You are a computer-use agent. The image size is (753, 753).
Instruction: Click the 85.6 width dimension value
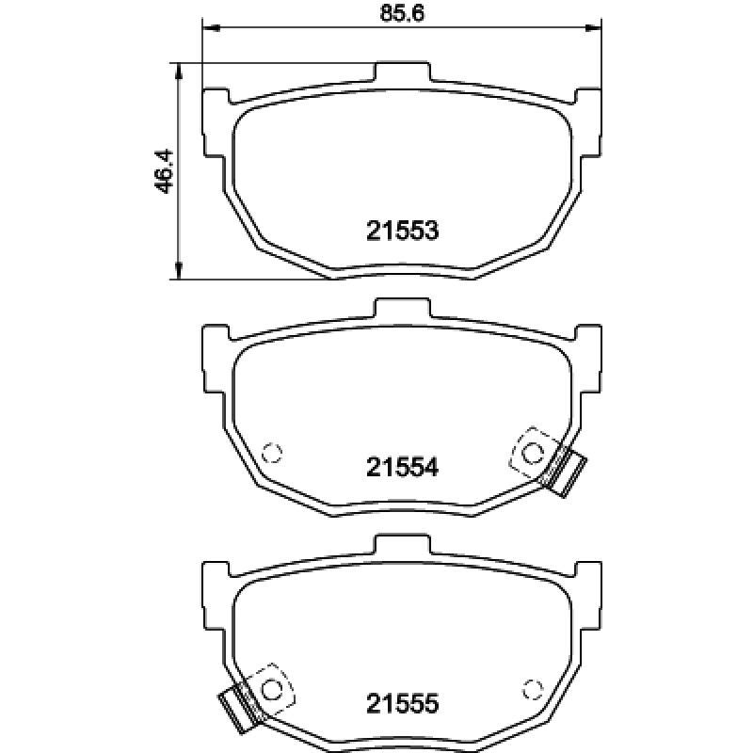point(402,13)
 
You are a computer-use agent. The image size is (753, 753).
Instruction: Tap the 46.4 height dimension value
point(164,171)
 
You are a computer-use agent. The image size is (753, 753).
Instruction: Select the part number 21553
point(403,231)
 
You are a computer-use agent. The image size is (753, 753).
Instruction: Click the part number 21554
point(403,467)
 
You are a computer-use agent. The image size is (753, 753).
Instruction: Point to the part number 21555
point(403,703)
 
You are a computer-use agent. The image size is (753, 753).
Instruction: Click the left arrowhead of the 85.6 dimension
point(211,28)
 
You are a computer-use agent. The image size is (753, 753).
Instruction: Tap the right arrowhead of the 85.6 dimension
point(593,28)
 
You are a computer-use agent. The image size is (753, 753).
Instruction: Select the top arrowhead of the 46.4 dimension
point(179,72)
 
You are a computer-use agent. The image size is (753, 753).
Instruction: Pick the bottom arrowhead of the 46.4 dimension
point(179,270)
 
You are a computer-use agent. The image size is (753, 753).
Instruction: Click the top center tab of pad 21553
point(402,72)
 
